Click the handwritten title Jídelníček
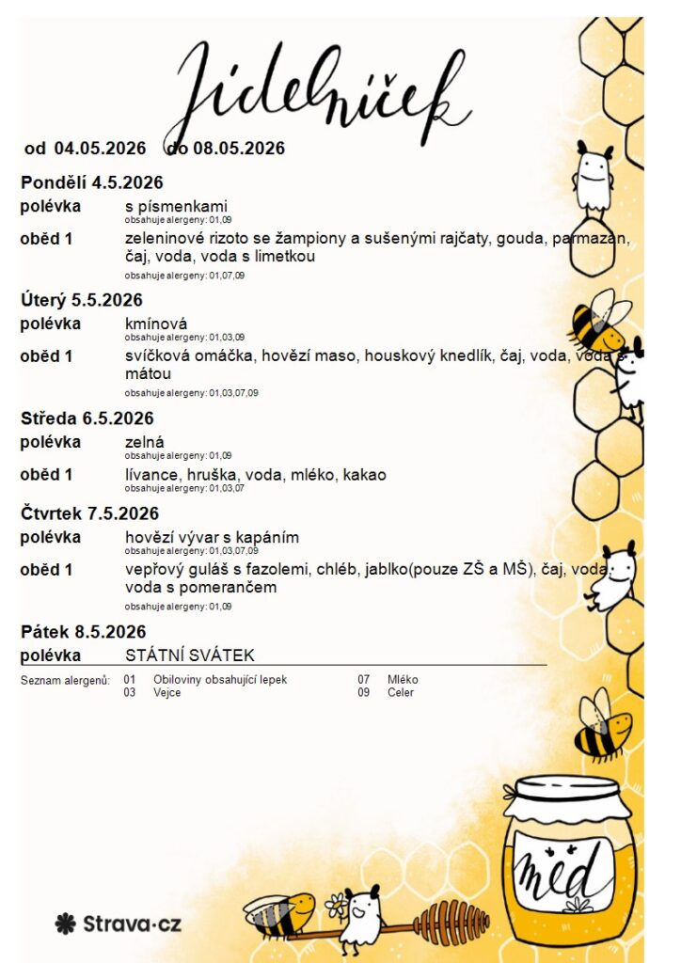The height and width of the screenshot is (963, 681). [x=320, y=89]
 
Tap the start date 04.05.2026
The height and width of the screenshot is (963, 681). [x=100, y=149]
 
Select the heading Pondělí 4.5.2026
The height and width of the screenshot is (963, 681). [x=92, y=182]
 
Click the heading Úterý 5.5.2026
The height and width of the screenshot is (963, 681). [x=82, y=300]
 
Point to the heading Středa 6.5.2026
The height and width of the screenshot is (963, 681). [x=87, y=418]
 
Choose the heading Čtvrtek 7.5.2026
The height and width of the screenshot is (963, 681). [x=90, y=513]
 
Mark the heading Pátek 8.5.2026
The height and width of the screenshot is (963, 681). [x=84, y=632]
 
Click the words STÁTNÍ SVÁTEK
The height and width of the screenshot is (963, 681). [x=189, y=655]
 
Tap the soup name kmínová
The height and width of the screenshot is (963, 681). [x=155, y=324]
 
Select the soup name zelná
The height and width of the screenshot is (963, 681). [x=144, y=442]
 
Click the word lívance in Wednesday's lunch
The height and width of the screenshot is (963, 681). [x=150, y=475]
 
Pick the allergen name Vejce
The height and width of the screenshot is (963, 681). [x=166, y=692]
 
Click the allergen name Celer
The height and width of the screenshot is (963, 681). [x=400, y=692]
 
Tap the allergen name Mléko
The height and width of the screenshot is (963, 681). [x=403, y=679]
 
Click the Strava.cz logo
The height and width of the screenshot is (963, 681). [x=119, y=924]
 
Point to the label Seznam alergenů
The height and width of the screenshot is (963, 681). [x=65, y=679]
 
